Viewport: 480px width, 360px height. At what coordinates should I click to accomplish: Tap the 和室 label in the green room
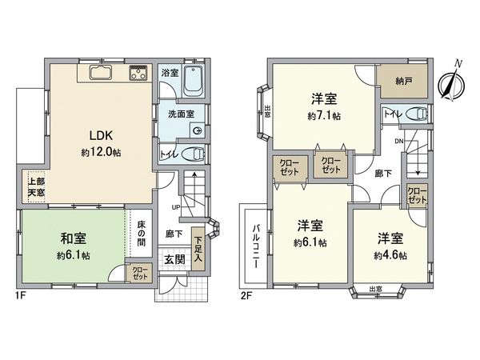(74, 239)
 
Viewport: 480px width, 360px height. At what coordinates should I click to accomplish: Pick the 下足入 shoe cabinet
(198, 242)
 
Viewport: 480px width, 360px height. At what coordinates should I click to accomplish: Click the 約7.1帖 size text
(324, 116)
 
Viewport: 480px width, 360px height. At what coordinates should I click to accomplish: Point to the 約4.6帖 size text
(390, 256)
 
